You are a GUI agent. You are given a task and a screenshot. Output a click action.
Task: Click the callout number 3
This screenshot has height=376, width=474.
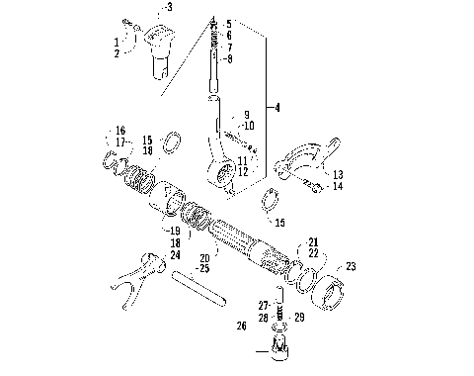click(x=169, y=7)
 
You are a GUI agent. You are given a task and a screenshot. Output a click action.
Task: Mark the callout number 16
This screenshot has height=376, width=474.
click(x=120, y=131)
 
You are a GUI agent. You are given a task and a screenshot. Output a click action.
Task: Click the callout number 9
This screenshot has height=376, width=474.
click(x=246, y=115)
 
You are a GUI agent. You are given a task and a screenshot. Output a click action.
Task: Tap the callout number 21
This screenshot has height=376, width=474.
click(x=313, y=241)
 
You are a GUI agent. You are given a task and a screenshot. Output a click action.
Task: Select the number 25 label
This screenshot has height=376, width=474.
click(x=204, y=268)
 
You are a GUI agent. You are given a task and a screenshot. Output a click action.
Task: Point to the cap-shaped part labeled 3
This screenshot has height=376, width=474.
click(x=162, y=45)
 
